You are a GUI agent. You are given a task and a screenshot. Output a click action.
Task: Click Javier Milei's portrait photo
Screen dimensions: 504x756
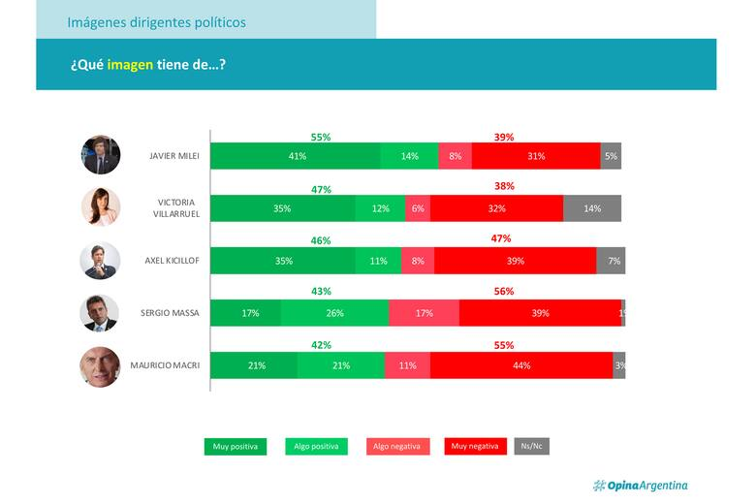click(x=101, y=155)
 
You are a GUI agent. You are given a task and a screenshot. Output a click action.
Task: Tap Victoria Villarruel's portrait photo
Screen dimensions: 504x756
click(x=101, y=207)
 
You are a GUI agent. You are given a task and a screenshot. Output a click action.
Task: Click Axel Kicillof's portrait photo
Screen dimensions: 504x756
click(x=101, y=261)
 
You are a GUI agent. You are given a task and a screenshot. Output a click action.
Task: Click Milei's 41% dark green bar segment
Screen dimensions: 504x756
click(x=296, y=156)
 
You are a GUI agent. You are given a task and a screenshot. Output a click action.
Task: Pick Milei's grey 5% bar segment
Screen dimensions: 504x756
click(x=611, y=156)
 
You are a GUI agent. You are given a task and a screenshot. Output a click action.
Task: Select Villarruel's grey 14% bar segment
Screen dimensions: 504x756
click(x=592, y=208)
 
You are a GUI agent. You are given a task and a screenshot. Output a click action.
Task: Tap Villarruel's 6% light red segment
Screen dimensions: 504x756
click(x=418, y=208)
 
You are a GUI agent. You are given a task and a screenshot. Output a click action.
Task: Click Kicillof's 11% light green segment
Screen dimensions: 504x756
click(x=378, y=261)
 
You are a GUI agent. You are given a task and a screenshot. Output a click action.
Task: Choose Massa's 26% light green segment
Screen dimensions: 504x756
click(x=334, y=313)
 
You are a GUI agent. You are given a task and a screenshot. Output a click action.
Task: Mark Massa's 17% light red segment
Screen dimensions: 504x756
click(x=424, y=313)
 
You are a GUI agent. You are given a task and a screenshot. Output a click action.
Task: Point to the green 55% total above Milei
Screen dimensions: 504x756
click(x=321, y=138)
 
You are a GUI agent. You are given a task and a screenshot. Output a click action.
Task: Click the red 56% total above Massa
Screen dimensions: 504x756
click(x=504, y=292)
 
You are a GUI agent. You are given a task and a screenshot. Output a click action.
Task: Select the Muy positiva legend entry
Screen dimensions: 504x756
click(x=236, y=447)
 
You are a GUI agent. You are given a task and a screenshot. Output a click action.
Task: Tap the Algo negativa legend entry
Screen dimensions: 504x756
click(x=396, y=447)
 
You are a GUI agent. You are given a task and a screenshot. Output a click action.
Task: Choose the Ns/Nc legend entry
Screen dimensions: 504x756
click(x=531, y=447)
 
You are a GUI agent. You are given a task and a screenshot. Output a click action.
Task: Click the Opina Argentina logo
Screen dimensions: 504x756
click(x=641, y=486)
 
